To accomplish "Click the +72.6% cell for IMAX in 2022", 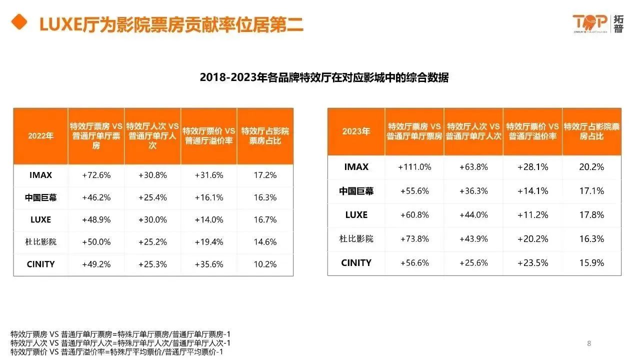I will click(x=96, y=175).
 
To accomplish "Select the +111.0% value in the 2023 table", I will click(x=414, y=167).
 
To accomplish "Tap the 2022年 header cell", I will click(x=40, y=136).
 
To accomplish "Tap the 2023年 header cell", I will click(x=356, y=131).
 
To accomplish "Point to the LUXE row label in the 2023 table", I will click(x=356, y=215).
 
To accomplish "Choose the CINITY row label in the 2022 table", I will click(x=40, y=264).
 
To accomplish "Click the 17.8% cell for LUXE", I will click(x=591, y=215).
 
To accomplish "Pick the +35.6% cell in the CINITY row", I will click(x=209, y=264).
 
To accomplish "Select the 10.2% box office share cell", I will click(x=265, y=264).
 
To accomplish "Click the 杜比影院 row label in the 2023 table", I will click(x=356, y=239).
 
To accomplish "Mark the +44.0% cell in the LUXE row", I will click(x=473, y=215).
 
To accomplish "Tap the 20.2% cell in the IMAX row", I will click(x=591, y=167).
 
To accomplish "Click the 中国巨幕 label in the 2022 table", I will click(x=40, y=197).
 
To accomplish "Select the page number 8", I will click(x=589, y=343).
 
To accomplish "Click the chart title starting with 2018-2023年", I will click(x=324, y=77).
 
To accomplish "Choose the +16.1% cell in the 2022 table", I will click(x=209, y=197).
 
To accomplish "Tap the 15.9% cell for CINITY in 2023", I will click(x=591, y=263).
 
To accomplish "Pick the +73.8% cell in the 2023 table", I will click(x=414, y=239).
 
